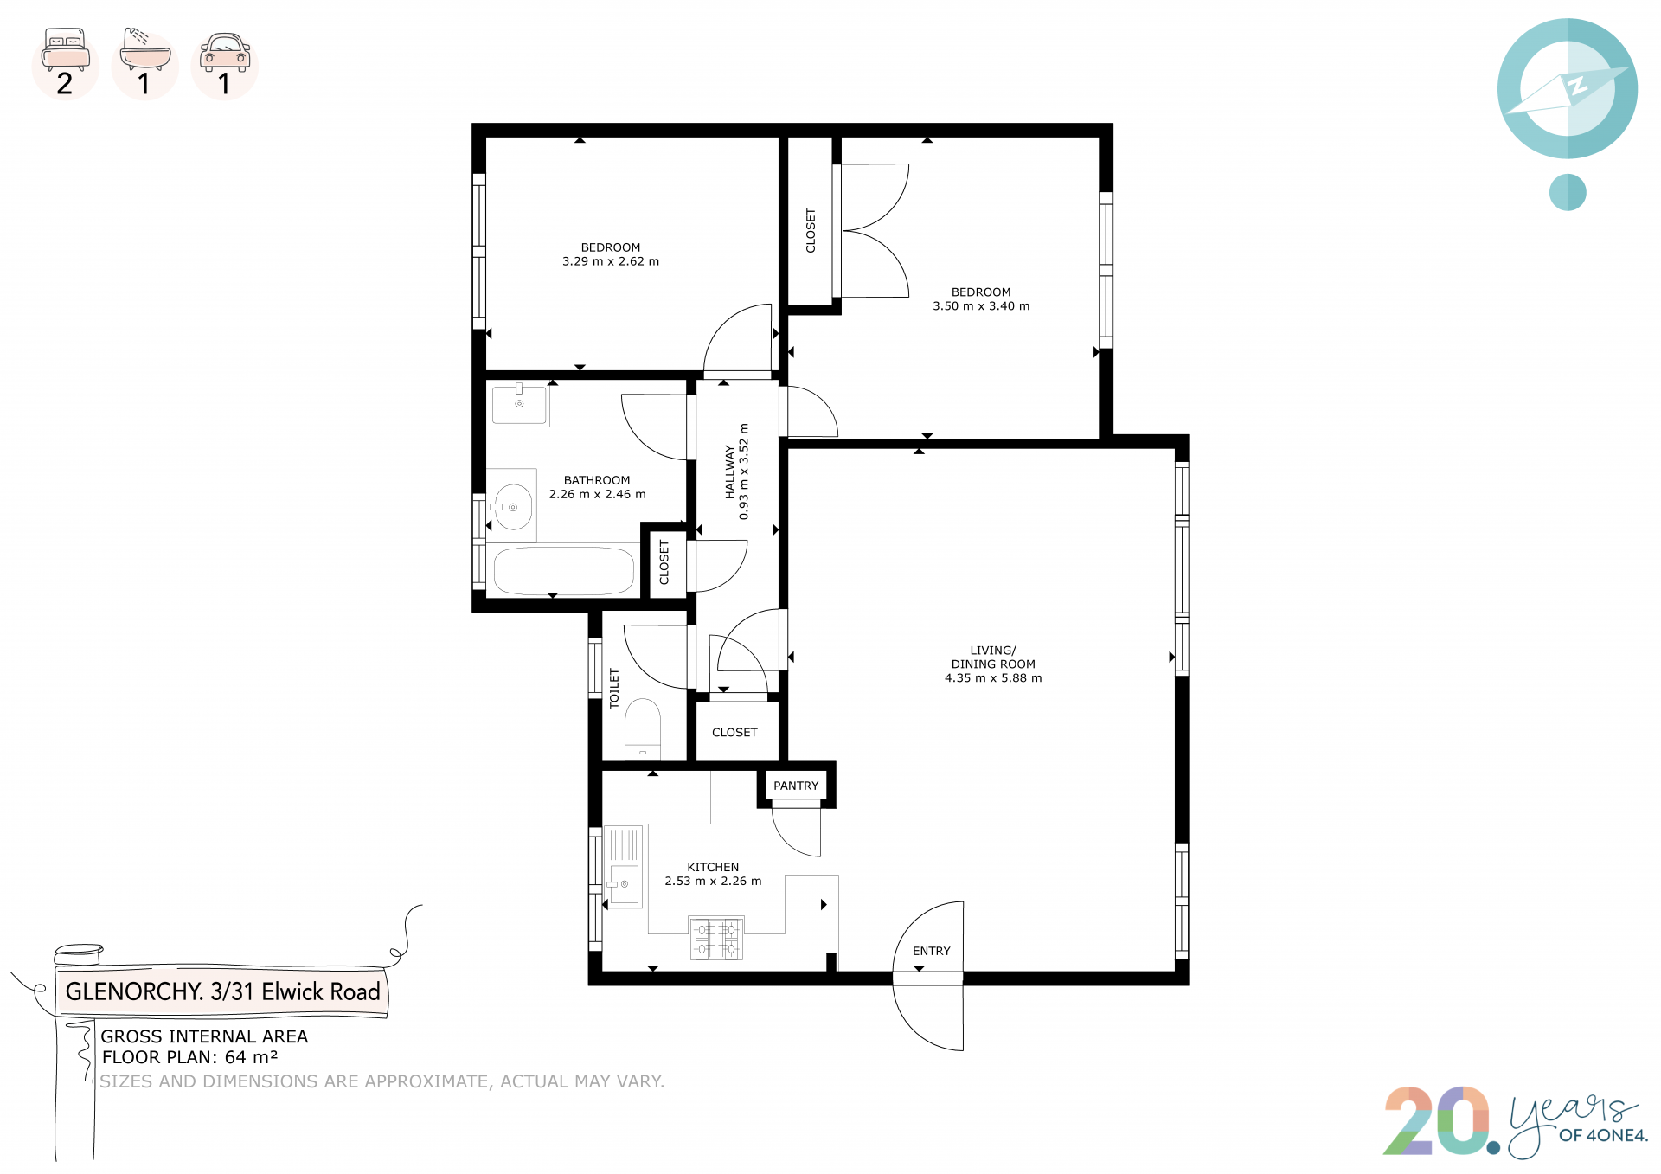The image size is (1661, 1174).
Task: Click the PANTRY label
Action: coord(796,786)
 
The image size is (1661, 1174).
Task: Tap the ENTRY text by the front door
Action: coord(932,951)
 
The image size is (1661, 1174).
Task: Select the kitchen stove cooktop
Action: coord(716,939)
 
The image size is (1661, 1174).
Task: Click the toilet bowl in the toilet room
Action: coord(643,729)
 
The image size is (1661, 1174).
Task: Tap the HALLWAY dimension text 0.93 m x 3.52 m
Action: coord(744,472)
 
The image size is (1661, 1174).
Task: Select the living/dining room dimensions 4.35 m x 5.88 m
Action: coord(993,678)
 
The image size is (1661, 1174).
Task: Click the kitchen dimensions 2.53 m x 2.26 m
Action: coord(713,882)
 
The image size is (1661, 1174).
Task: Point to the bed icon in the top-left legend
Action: coord(66,49)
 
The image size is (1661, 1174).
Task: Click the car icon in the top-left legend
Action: coord(225,52)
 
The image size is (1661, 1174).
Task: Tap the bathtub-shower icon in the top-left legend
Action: coord(144,48)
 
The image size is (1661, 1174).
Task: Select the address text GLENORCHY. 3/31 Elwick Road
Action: coord(223,991)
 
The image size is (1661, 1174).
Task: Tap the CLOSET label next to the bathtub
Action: coord(664,562)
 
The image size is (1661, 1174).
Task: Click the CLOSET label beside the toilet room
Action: coord(734,732)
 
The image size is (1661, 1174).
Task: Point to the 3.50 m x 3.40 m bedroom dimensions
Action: coord(981,306)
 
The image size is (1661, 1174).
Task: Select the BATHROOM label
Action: coord(597,480)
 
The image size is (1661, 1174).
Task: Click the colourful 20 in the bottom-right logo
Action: coord(1437,1121)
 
